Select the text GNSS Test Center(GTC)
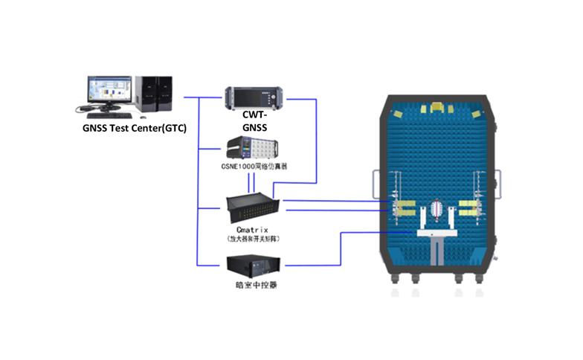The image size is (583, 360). [134, 129]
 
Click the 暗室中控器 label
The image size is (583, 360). [254, 286]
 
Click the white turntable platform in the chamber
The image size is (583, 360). [437, 234]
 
